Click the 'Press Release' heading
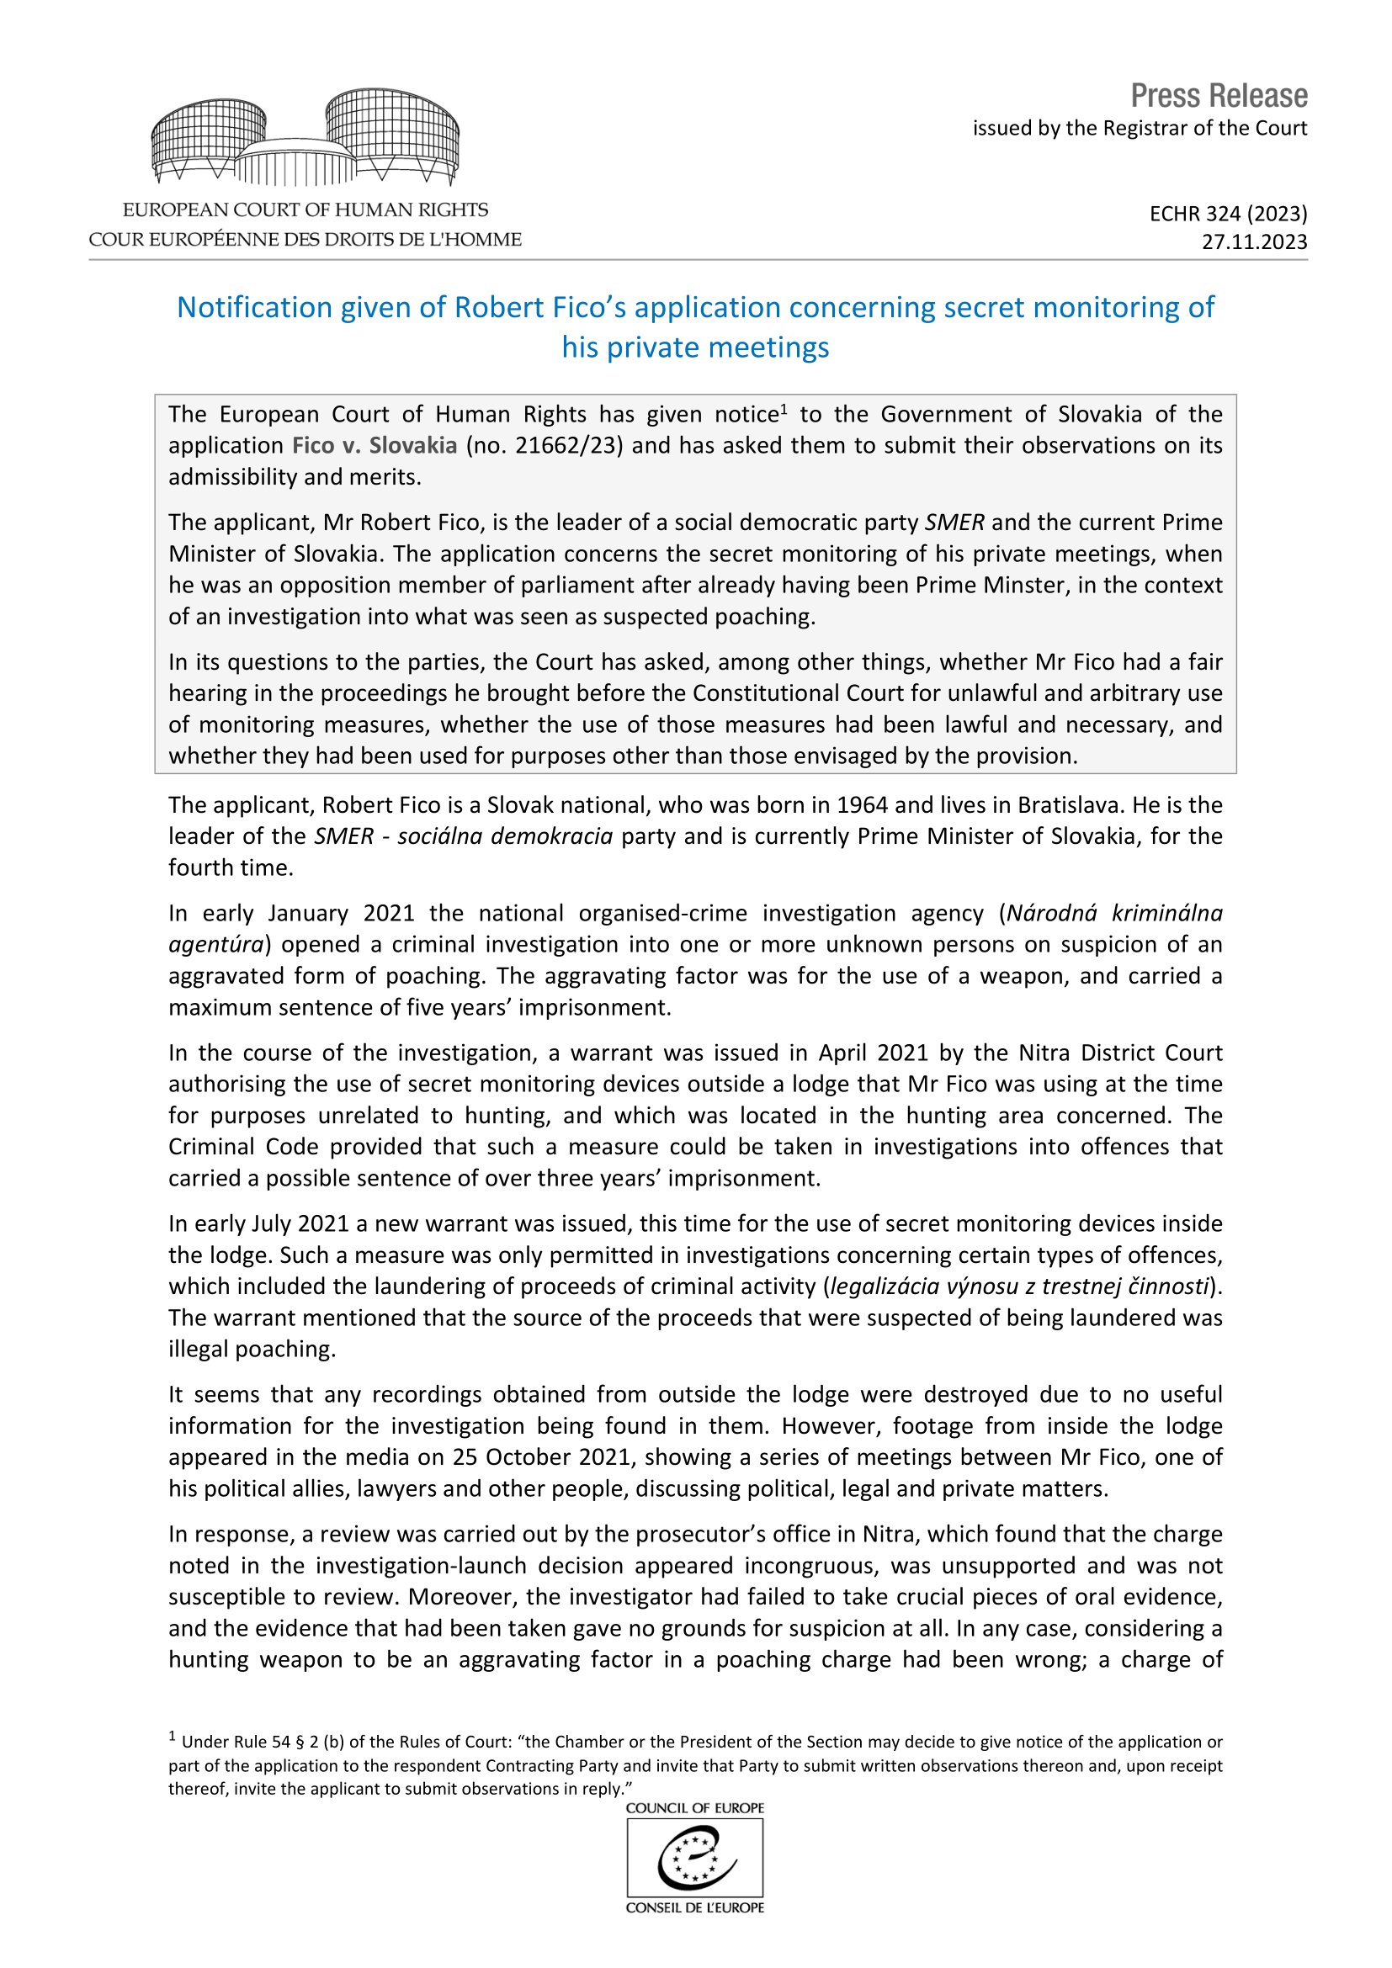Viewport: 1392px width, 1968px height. pos(1218,96)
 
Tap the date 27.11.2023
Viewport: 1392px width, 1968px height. pos(1254,241)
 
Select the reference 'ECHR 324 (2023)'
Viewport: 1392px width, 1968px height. pos(1228,214)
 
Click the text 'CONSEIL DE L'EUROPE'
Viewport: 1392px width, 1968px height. pos(695,1908)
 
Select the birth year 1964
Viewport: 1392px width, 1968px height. pos(863,806)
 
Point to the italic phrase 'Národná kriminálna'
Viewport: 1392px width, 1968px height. pos(1114,914)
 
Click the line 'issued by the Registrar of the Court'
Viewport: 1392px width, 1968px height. pos(1140,129)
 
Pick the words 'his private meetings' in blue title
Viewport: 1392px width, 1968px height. pos(695,347)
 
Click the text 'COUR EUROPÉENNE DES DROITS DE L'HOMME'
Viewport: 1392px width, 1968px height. pos(305,240)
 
